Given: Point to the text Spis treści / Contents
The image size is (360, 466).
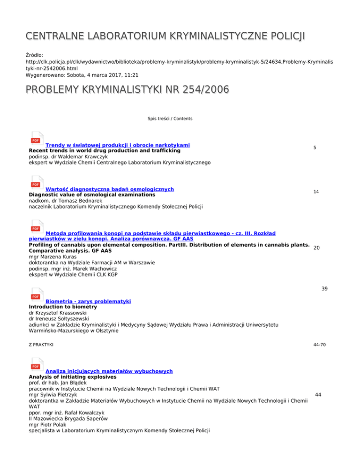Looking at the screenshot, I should point(170,119).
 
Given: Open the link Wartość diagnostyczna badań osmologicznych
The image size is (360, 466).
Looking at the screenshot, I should point(110,189).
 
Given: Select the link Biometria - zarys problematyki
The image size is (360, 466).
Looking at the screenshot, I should point(88,301).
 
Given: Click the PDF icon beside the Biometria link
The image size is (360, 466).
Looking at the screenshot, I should point(36,296).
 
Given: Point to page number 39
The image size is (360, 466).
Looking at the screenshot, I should point(324,289).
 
